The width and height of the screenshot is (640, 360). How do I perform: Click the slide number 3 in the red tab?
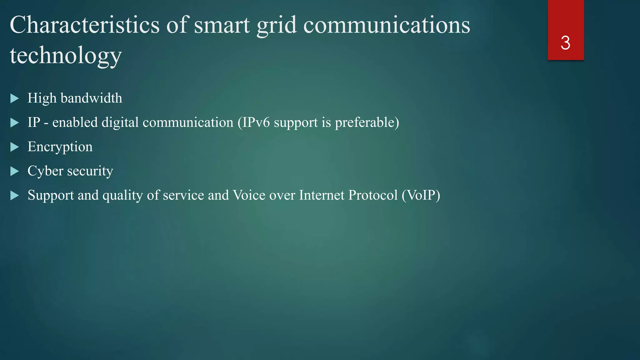point(565,43)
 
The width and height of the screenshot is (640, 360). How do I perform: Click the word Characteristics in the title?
point(84,25)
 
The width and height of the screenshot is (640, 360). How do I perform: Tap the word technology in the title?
point(66,55)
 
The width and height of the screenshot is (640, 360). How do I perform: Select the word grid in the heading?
point(276,25)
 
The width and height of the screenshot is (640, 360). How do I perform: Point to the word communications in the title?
point(387,25)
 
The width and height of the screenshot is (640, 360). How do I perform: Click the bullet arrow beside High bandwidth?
point(14,98)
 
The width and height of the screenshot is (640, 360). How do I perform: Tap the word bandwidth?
point(91,98)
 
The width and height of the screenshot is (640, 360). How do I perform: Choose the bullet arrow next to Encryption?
point(14,147)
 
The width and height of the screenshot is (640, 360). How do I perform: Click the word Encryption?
point(60,147)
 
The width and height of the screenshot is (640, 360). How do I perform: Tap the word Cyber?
point(45,171)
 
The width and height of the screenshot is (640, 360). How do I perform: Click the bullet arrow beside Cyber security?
point(14,171)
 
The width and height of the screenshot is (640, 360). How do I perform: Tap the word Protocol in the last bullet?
point(373,195)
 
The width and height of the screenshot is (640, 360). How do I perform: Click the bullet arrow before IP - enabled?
point(14,122)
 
